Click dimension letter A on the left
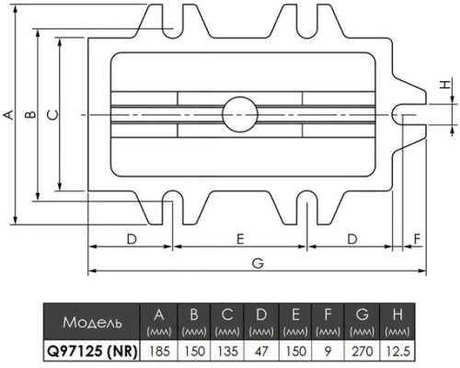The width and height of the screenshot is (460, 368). point(8,115)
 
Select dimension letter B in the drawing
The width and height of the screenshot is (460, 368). point(30,115)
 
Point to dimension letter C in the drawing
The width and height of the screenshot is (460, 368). point(52,115)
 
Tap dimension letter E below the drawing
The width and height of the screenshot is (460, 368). point(240,238)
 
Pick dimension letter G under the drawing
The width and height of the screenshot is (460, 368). point(258,263)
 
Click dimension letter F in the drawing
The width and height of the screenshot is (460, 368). point(417,238)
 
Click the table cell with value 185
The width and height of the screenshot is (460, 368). point(158,351)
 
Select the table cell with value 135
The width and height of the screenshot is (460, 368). point(227,351)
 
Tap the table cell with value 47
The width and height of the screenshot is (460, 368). point(261,351)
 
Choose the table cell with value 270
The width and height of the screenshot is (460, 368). point(362,351)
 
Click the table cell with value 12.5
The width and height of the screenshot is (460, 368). point(397,351)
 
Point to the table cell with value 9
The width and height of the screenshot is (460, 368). point(328,351)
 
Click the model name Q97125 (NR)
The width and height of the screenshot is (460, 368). point(91,351)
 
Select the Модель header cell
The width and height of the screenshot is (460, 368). point(92,322)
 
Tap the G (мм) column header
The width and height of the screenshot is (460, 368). point(362,322)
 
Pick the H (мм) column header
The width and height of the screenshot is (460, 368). point(397,322)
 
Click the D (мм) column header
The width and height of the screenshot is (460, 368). point(261,322)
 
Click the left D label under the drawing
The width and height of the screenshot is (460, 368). point(132,238)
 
